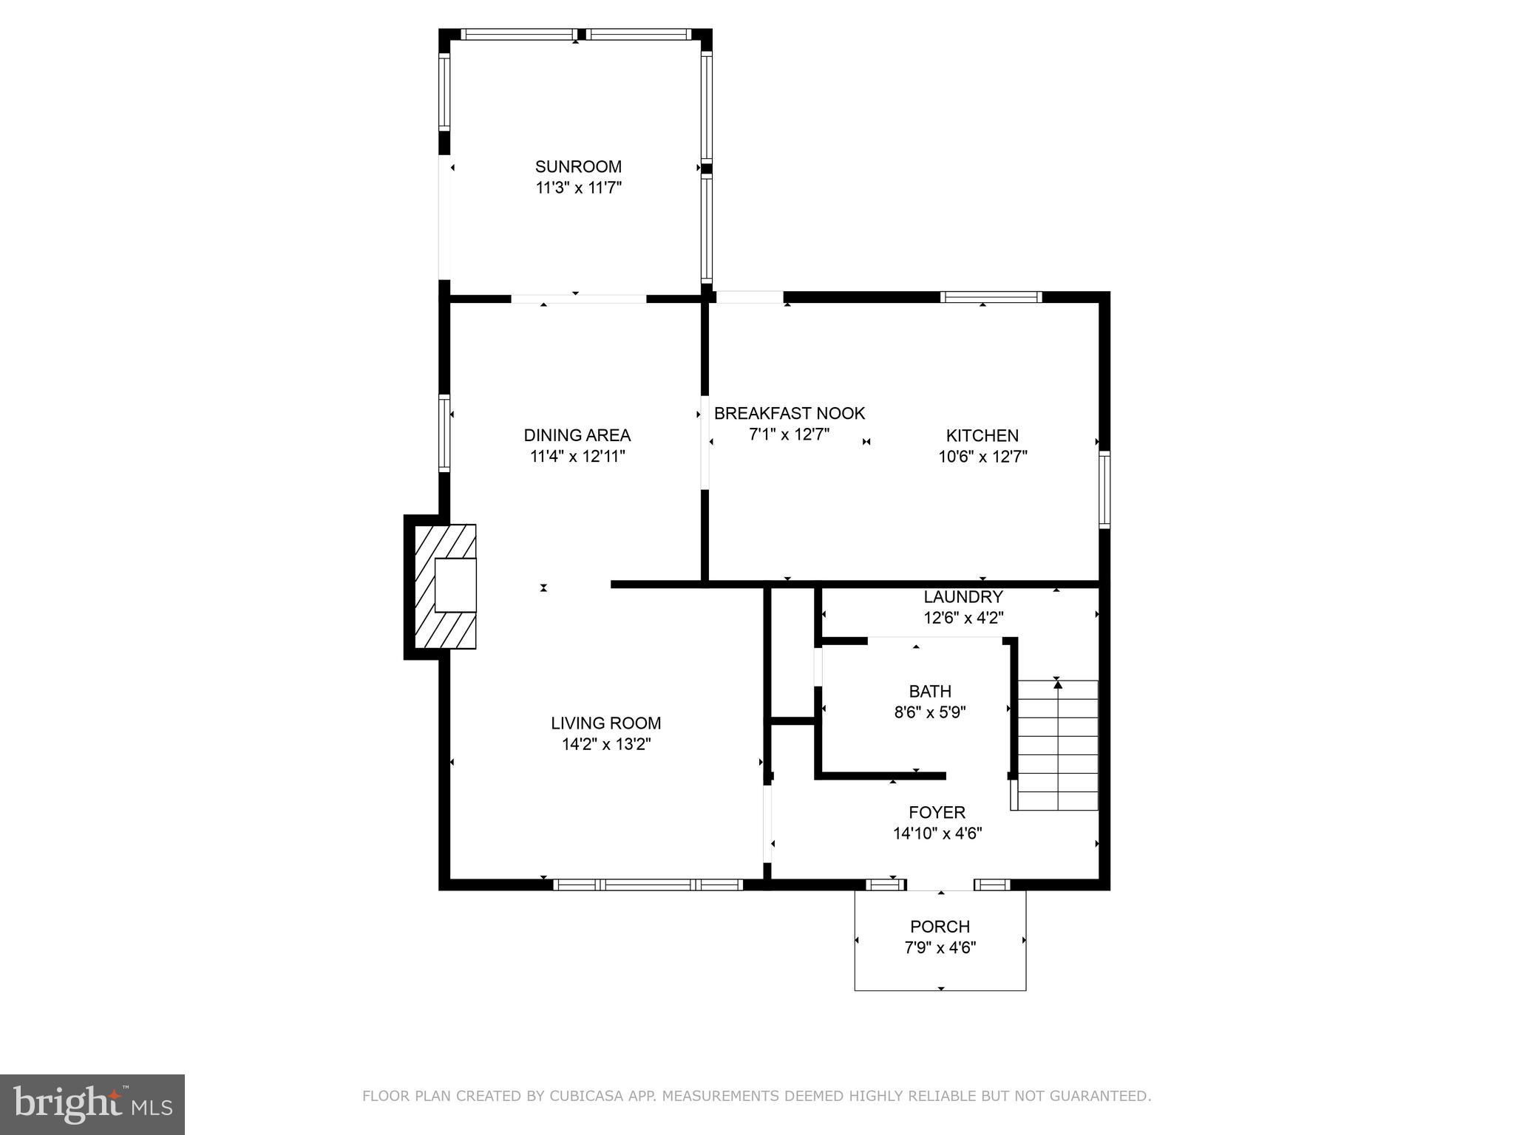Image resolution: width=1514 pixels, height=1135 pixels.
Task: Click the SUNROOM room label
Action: [x=578, y=167]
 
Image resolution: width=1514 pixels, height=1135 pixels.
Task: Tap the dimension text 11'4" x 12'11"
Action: [x=577, y=457]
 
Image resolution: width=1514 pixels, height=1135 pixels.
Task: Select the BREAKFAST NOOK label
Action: [x=789, y=414]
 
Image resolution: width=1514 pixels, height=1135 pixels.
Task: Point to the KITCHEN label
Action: [x=982, y=436]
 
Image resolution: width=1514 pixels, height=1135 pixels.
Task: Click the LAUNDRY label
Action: [x=963, y=597]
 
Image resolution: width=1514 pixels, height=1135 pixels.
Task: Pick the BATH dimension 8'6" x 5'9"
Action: [x=930, y=713]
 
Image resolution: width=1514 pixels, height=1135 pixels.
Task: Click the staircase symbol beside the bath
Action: [x=1057, y=744]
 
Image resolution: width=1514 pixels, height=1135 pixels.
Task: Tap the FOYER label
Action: [x=937, y=813]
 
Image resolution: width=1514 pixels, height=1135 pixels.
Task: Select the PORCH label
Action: [x=940, y=927]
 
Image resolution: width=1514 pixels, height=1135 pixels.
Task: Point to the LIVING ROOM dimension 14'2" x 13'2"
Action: [x=605, y=745]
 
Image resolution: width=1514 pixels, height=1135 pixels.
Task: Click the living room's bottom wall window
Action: [x=648, y=885]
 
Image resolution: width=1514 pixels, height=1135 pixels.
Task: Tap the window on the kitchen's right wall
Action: [x=1104, y=489]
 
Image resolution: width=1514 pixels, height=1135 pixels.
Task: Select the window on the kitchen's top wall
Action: [x=991, y=297]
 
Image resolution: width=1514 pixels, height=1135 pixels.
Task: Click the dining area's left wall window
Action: [x=444, y=433]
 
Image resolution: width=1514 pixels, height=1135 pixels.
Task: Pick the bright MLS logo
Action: [x=92, y=1104]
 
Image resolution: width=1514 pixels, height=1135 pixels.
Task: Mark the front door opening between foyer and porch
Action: [x=940, y=885]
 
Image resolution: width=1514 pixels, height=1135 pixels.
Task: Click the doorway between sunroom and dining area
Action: [x=578, y=299]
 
